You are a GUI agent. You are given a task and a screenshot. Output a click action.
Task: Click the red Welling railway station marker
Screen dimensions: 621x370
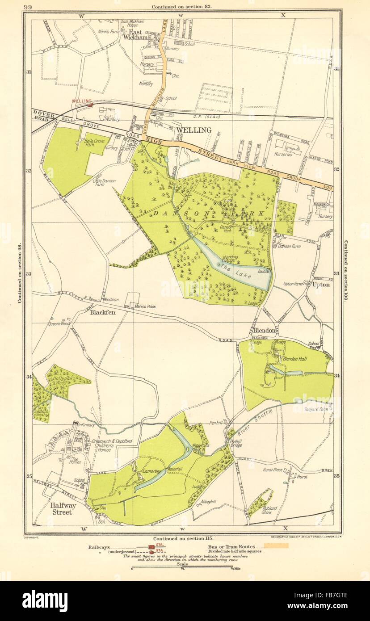tap(90, 105)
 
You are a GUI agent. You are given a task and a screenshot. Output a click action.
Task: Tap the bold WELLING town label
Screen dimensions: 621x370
tap(193, 130)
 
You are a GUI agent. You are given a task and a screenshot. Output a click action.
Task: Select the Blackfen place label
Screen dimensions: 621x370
tap(103, 313)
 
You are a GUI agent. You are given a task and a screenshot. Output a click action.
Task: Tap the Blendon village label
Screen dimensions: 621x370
tap(264, 330)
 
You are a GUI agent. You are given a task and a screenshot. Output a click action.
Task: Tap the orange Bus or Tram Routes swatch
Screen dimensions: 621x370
tap(275, 545)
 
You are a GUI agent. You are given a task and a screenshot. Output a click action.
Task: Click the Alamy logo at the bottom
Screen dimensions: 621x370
tap(45, 600)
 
